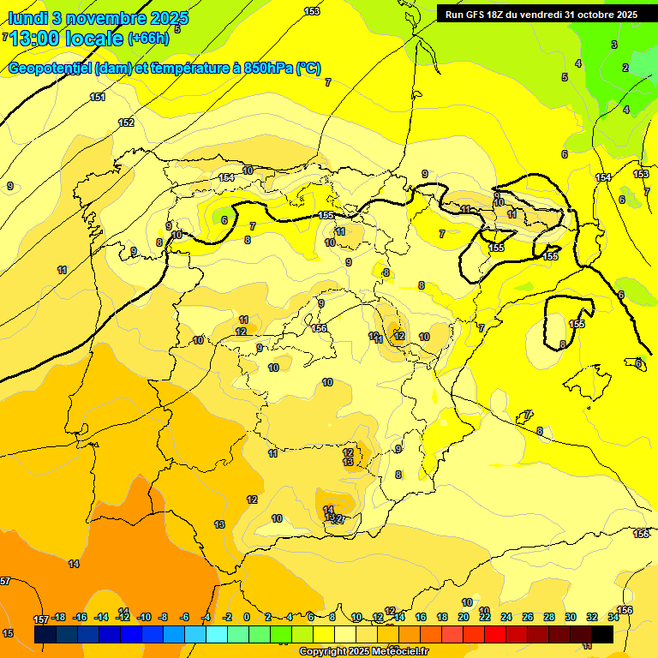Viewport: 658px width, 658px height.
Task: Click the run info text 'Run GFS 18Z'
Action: [476, 15]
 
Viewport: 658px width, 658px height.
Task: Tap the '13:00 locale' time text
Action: [69, 39]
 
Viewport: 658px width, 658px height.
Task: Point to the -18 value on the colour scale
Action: [58, 617]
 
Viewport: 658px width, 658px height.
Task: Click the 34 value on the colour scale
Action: [613, 617]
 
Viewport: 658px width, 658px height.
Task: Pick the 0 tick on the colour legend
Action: [247, 617]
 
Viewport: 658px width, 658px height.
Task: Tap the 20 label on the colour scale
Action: [464, 617]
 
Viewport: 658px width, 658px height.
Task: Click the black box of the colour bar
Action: [602, 634]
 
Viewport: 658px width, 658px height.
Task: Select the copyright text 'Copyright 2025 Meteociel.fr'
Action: [364, 651]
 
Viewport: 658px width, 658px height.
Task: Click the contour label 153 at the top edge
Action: [312, 11]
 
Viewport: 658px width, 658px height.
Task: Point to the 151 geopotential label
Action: [98, 97]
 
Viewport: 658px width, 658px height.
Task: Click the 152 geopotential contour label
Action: [126, 123]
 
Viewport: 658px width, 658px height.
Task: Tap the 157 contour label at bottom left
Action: [40, 619]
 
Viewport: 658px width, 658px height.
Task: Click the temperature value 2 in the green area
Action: [625, 68]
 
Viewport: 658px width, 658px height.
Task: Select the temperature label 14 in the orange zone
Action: [74, 564]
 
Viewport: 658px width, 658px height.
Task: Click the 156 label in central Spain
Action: [320, 328]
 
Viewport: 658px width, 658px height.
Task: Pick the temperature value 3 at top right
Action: [613, 45]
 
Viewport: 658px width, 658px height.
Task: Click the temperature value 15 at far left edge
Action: [9, 633]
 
